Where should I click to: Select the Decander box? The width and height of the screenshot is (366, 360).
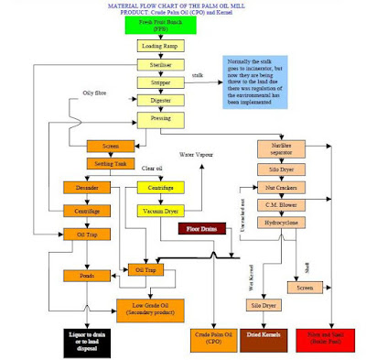87,189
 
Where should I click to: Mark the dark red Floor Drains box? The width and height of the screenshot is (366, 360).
204,228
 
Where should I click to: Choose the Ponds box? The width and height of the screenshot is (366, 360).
87,275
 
